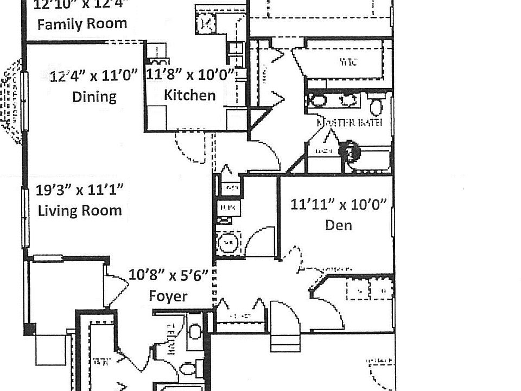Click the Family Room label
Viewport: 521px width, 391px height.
(x=82, y=24)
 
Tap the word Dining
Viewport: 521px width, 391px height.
(x=94, y=97)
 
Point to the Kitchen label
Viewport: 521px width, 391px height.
(x=189, y=95)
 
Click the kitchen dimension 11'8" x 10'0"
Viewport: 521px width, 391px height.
(x=190, y=74)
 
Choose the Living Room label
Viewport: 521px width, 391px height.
(x=80, y=210)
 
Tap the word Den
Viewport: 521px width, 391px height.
(x=338, y=225)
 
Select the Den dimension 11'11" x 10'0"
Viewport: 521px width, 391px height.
(x=338, y=205)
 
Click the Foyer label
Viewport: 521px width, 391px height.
(x=168, y=296)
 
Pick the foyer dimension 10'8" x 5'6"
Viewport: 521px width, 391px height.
(x=169, y=275)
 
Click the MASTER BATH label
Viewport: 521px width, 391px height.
(x=350, y=123)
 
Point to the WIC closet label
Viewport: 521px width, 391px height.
(x=347, y=62)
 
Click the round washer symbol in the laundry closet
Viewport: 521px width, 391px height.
(x=228, y=242)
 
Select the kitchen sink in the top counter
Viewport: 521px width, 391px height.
(x=206, y=23)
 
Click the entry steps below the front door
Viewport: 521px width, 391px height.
(x=284, y=342)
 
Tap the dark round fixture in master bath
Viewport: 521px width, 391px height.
(x=351, y=152)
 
